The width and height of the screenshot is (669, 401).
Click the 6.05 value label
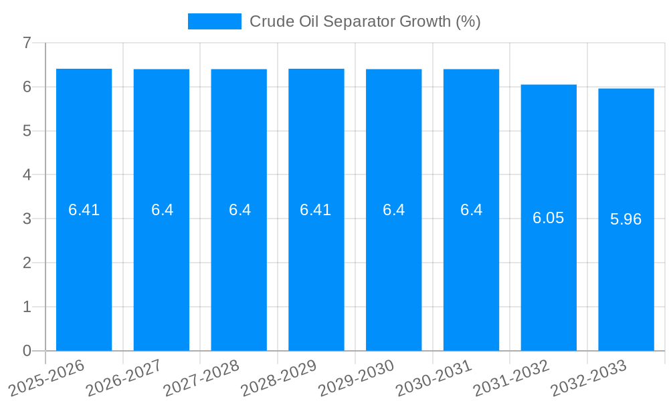click(549, 218)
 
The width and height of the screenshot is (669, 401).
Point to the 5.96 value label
click(626, 219)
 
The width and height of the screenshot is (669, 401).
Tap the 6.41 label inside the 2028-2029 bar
click(316, 210)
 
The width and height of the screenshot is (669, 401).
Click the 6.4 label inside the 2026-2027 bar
click(162, 210)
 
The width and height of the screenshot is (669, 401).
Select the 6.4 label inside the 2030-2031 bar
click(471, 210)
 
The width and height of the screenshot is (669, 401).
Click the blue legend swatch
click(214, 21)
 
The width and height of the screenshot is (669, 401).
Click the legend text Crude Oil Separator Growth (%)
click(365, 21)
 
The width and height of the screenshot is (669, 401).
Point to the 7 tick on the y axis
click(27, 43)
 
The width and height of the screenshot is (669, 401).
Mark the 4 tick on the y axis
click(27, 174)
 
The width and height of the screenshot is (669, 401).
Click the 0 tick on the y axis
click(27, 351)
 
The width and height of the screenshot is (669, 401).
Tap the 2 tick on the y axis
click(27, 263)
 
